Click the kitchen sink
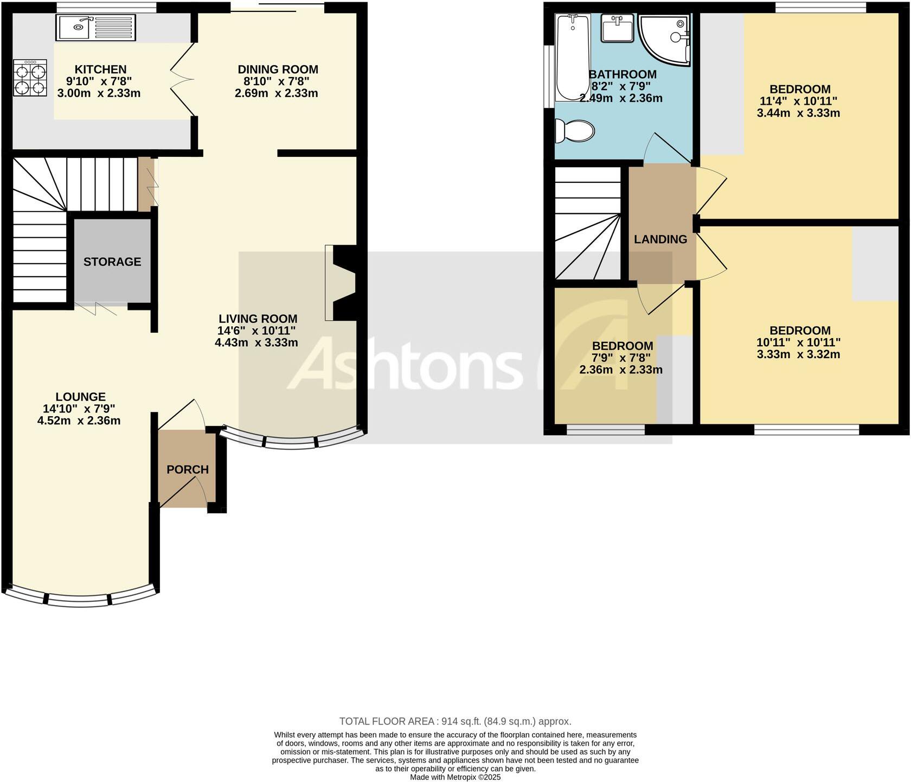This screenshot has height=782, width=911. coord(95,27)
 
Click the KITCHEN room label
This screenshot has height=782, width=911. coord(100,69)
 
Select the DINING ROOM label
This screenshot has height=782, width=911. coord(278,69)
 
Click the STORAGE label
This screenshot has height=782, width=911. coord(112,262)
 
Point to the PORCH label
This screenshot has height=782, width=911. coord(188,469)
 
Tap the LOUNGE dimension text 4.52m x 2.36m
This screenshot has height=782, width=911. coord(79,421)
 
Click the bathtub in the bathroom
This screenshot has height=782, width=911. coord(572,57)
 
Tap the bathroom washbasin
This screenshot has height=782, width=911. coord(617,28)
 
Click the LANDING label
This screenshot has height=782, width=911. coord(660,239)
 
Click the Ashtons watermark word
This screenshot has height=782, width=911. coord(404,363)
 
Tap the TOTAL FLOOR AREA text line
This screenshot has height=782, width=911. coord(455,721)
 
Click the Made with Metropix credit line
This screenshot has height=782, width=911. coord(455,777)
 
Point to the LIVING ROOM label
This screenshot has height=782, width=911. coord(258,319)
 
